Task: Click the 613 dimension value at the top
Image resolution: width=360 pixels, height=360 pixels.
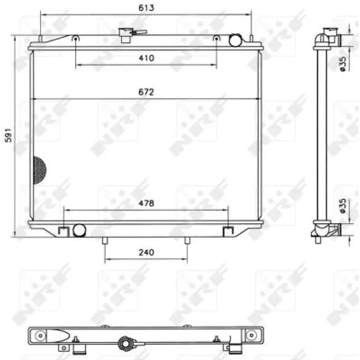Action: coord(146,8)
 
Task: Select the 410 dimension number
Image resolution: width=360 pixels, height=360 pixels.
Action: coord(146,58)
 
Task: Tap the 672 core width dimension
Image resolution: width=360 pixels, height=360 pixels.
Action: coord(146,92)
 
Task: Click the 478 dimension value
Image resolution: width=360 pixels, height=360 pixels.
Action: coord(146,203)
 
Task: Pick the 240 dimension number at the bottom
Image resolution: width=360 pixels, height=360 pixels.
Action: coord(146,252)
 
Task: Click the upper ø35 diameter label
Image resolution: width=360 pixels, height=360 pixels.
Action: coord(342,64)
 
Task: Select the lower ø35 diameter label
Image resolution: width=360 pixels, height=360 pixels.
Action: coord(342,206)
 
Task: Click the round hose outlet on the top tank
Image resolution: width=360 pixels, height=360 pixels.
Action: coord(236,40)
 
